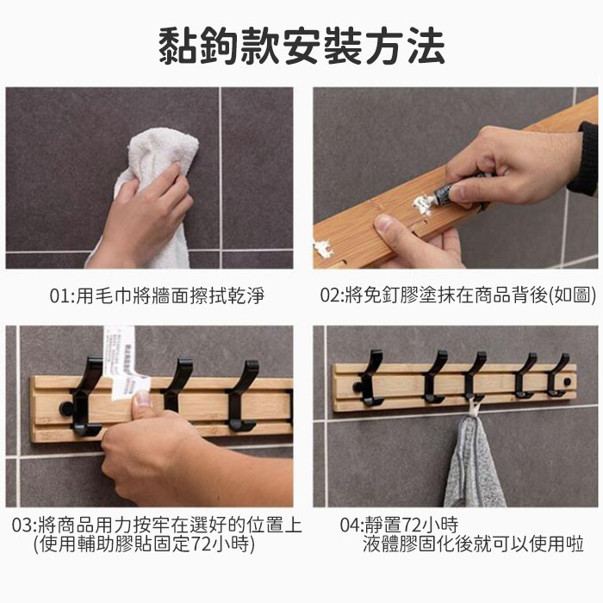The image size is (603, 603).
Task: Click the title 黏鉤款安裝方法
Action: click(301, 47)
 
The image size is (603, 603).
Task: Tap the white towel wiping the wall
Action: click(154, 184)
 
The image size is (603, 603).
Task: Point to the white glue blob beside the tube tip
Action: click(423, 205)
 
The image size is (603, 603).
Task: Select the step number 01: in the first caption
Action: click(62, 296)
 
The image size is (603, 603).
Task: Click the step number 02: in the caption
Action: click(333, 296)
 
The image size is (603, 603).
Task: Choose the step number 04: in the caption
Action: click(352, 525)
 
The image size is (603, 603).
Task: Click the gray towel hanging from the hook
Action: click(474, 462)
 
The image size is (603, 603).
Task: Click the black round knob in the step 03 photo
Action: click(66, 409)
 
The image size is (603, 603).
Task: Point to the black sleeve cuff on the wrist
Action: click(585, 158)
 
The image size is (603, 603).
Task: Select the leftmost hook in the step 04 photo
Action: click(370, 379)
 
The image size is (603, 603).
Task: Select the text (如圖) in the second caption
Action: click(572, 296)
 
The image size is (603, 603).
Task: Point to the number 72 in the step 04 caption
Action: click(413, 525)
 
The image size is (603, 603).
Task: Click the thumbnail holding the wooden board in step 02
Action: click(386, 224)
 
